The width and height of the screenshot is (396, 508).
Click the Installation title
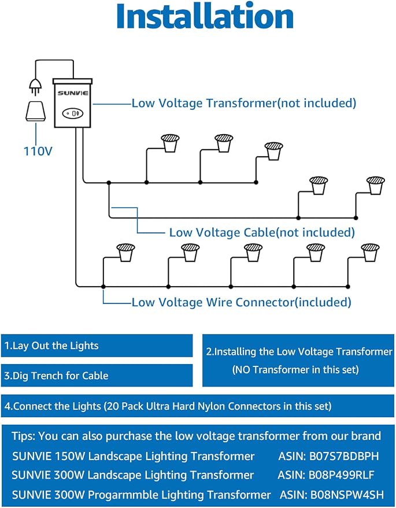click(x=205, y=16)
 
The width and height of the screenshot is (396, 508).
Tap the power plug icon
click(x=35, y=86)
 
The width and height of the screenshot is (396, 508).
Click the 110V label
click(x=38, y=151)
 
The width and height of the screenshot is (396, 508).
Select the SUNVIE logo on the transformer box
click(x=73, y=93)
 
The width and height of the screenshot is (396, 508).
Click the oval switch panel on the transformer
click(x=73, y=113)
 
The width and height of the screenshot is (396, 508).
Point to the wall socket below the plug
click(x=36, y=111)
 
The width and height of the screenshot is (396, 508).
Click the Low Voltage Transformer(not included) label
click(x=244, y=103)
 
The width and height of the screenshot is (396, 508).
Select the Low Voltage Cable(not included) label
click(x=262, y=232)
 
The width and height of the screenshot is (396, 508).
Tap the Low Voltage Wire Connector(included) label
click(x=241, y=302)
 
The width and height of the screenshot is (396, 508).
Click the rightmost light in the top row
click(x=274, y=151)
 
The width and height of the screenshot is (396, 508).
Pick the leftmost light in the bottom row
click(x=125, y=253)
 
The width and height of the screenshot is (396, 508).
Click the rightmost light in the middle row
click(x=376, y=186)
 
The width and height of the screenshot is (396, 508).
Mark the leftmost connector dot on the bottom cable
click(x=103, y=287)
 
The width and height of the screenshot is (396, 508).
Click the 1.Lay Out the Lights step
click(x=51, y=346)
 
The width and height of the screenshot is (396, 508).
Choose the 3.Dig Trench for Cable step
click(x=56, y=376)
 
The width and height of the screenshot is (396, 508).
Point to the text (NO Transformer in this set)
click(x=295, y=370)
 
